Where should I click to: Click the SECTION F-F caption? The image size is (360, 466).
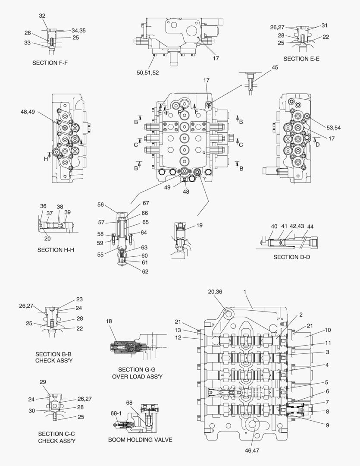pyautogui.click(x=50, y=63)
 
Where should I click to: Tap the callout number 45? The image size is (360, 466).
pyautogui.click(x=275, y=67)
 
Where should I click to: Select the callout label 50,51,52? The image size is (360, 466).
pyautogui.click(x=148, y=73)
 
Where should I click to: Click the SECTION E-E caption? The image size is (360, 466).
pyautogui.click(x=301, y=58)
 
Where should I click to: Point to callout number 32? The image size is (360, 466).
pyautogui.click(x=42, y=16)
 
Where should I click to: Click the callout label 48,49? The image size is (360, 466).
pyautogui.click(x=28, y=112)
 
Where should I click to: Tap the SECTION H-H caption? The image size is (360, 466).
pyautogui.click(x=56, y=250)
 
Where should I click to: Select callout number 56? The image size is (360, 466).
pyautogui.click(x=101, y=205)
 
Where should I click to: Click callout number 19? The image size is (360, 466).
pyautogui.click(x=199, y=225)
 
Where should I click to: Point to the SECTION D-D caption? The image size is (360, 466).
pyautogui.click(x=291, y=257)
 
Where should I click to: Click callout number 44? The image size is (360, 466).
pyautogui.click(x=310, y=226)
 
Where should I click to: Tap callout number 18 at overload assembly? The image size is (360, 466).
pyautogui.click(x=109, y=321)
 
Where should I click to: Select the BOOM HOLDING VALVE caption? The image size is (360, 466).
pyautogui.click(x=140, y=440)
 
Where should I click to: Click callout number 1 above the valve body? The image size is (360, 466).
pyautogui.click(x=244, y=292)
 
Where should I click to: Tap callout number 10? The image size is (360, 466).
pyautogui.click(x=328, y=330)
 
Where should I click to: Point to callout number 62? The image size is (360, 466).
pyautogui.click(x=145, y=271)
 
